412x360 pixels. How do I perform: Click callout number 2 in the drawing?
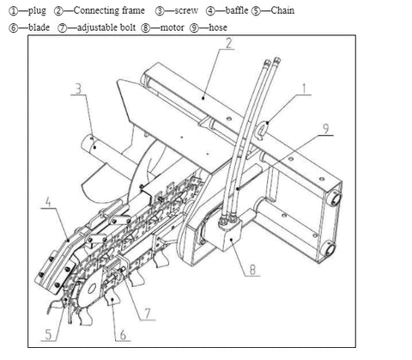pos(228,43)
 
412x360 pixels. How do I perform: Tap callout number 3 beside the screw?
pos(78,88)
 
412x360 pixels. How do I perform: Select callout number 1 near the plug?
pos(304,88)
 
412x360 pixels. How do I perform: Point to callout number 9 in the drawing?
pos(326,129)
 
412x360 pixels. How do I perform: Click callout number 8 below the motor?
pos(252,270)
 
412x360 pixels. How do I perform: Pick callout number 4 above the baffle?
pos(48,202)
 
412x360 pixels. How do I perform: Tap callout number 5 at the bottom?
pos(49,334)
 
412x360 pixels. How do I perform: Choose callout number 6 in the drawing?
pos(123,334)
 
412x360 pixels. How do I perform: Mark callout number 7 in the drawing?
pos(148,314)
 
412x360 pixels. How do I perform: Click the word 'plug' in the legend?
pos(37,11)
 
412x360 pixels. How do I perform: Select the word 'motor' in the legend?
pos(173,27)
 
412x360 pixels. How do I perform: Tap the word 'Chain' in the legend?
pos(282,10)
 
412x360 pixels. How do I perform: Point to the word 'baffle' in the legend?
pos(237,10)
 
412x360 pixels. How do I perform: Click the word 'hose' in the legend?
pos(218,27)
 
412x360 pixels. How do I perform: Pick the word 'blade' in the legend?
pos(39,27)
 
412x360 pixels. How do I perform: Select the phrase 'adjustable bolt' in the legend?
pos(106,27)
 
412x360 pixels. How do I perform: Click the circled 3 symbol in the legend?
pos(160,11)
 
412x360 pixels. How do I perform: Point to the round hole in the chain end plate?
pos(92,289)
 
